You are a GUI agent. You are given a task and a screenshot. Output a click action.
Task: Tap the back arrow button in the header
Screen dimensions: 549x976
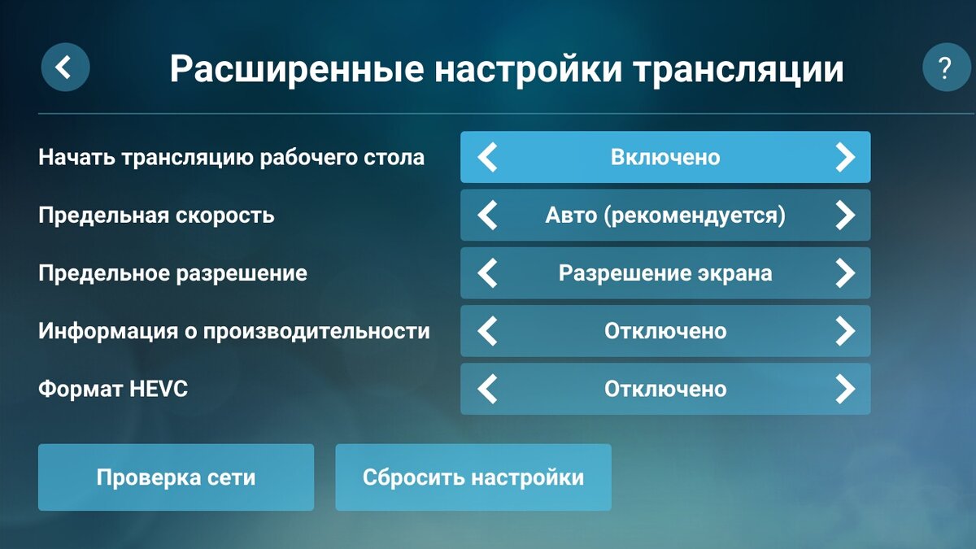pyautogui.click(x=65, y=68)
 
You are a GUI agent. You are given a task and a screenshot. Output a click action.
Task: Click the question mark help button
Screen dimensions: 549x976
pyautogui.click(x=947, y=68)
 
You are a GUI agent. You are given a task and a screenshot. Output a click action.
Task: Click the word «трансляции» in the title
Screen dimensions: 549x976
pyautogui.click(x=738, y=70)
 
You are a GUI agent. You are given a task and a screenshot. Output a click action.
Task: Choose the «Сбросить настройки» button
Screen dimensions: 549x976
pyautogui.click(x=473, y=477)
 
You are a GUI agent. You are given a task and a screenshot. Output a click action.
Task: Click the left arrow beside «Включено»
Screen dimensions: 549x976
pyautogui.click(x=487, y=157)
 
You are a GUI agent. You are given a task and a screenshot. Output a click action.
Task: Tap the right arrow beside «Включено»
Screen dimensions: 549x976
pyautogui.click(x=845, y=157)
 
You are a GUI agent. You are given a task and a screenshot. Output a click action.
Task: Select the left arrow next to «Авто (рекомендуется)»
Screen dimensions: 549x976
pyautogui.click(x=487, y=216)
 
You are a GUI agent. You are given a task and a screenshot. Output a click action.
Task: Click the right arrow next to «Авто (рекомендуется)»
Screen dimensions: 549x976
pyautogui.click(x=845, y=216)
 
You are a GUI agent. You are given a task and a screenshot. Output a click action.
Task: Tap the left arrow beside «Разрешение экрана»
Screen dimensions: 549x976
pyautogui.click(x=487, y=273)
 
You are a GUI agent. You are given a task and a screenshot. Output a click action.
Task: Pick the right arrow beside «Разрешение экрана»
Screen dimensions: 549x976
pyautogui.click(x=845, y=273)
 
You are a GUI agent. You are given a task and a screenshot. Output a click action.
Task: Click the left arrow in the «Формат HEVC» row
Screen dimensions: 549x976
pyautogui.click(x=487, y=390)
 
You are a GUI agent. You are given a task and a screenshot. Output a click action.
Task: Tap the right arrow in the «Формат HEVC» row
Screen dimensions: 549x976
pyautogui.click(x=845, y=390)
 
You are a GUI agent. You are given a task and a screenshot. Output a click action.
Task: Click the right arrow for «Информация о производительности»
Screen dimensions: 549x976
pyautogui.click(x=845, y=331)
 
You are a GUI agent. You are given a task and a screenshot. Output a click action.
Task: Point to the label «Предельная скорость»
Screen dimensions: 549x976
pyautogui.click(x=156, y=216)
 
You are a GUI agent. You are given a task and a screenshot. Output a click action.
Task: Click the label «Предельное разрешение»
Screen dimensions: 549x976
pyautogui.click(x=172, y=273)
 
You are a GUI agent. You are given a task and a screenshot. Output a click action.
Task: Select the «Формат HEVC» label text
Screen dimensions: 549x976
pyautogui.click(x=113, y=390)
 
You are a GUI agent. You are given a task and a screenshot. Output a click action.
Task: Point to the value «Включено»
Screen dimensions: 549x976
pyautogui.click(x=665, y=157)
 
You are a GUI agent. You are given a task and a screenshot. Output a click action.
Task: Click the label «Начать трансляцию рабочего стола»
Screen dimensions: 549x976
pyautogui.click(x=231, y=157)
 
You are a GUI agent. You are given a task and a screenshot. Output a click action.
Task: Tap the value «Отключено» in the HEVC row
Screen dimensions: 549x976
pyautogui.click(x=665, y=390)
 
